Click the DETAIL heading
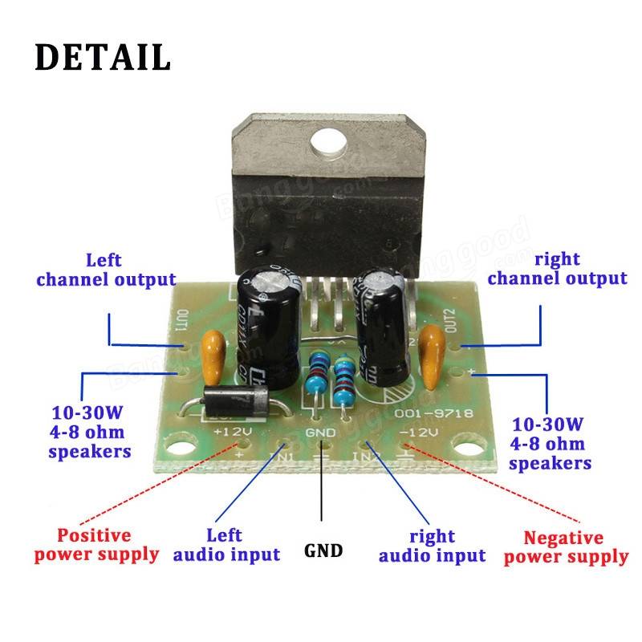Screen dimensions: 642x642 103,57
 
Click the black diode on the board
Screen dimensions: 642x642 237,400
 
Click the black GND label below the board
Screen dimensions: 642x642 323,551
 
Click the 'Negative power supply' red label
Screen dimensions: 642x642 565,547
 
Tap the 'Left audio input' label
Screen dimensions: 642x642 226,544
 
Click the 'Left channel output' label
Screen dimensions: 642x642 106,270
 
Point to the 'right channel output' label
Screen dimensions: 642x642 557,269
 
